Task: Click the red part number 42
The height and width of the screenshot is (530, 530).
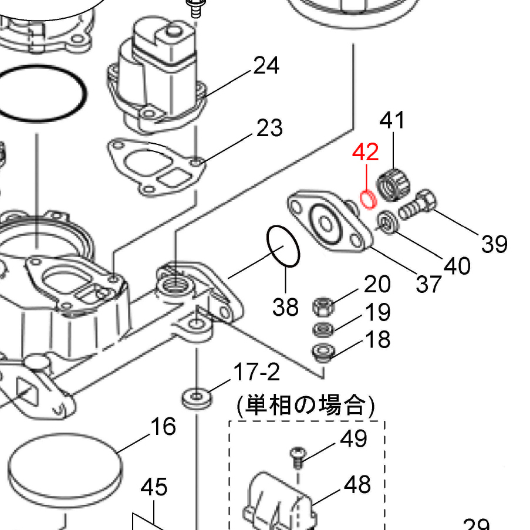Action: coord(365,152)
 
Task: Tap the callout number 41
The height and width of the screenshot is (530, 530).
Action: coord(392,120)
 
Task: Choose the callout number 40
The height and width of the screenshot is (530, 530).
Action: coord(457,266)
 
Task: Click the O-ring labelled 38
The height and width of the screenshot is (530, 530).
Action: coord(283,247)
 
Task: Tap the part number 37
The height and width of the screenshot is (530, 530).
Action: coord(428,284)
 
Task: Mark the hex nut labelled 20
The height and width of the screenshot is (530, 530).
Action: coord(323,306)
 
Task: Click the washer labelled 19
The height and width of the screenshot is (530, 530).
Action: coord(323,329)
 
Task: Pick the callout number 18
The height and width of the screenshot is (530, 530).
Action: coord(378,340)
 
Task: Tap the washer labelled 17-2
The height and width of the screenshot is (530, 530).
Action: coord(197,399)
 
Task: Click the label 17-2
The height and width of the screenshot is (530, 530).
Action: coord(256,372)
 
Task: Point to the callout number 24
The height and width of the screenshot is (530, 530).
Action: coord(266,66)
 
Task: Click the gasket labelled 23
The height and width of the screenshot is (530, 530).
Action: coord(155,167)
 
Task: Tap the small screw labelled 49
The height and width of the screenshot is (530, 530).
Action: coord(298,457)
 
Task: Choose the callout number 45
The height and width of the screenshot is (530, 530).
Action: coord(154,487)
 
